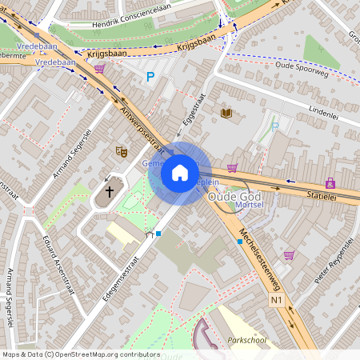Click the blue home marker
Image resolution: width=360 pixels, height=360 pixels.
coord(180,173)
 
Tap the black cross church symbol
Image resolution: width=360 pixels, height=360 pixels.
coord(110,192)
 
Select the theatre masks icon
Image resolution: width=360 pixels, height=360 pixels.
coord(122,150)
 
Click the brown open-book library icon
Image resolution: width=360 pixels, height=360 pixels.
coord(226,114)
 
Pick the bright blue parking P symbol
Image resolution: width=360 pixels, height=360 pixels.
coord(150,77)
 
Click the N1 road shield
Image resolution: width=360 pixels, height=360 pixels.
coord(277,300)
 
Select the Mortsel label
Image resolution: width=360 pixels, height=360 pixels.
coord(251,206)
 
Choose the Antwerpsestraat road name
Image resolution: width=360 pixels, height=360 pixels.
coord(141,129)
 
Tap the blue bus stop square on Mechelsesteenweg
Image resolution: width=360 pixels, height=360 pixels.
coord(239,241)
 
